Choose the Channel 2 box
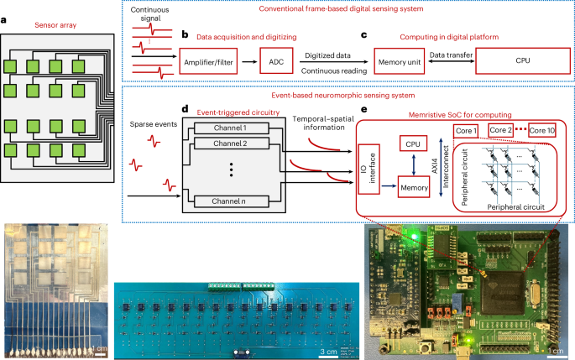click(230, 144)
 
